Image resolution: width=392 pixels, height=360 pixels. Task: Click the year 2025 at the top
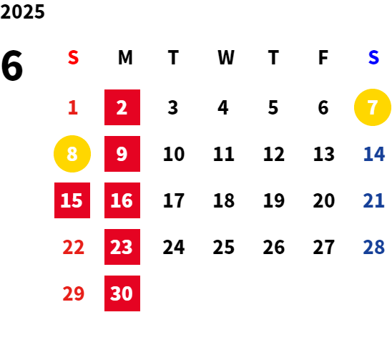(22, 11)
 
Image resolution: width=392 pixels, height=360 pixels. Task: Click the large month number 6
(12, 66)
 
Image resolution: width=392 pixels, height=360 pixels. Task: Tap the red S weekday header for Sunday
(73, 57)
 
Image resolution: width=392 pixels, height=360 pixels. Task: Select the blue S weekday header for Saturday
(373, 57)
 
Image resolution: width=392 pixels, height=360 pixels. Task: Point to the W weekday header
(226, 57)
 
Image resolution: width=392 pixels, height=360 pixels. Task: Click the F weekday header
(323, 57)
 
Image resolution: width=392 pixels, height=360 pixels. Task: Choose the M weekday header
(125, 57)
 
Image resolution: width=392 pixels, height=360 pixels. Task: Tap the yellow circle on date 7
(373, 107)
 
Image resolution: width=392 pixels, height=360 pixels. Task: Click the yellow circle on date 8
(72, 154)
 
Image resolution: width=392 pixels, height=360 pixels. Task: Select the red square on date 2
(122, 107)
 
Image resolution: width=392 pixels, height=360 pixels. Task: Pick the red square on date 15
(72, 200)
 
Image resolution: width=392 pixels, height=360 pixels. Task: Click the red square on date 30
(122, 293)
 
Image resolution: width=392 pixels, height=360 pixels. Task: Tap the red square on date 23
(122, 247)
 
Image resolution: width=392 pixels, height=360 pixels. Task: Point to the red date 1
(73, 107)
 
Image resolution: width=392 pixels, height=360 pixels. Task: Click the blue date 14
(373, 154)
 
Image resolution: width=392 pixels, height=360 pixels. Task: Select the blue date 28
(373, 247)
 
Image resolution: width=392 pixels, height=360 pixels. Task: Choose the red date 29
(73, 293)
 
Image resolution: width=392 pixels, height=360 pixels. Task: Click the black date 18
(224, 200)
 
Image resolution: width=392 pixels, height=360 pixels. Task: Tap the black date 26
(274, 247)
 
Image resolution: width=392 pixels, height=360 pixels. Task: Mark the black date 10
(174, 154)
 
